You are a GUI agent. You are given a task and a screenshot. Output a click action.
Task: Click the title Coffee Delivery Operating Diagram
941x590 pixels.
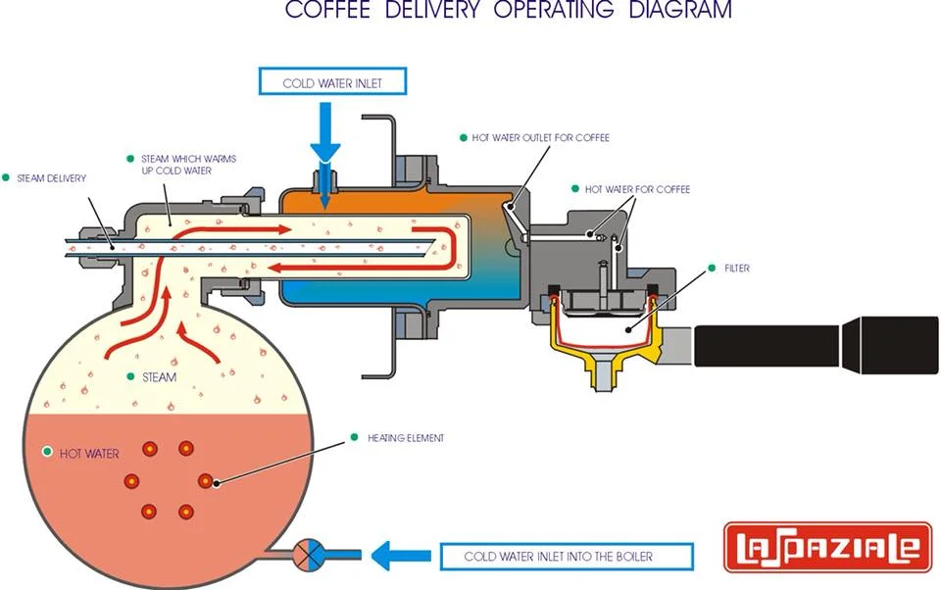[x=508, y=11]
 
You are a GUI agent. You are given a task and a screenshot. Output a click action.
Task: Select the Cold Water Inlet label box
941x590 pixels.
[x=331, y=83]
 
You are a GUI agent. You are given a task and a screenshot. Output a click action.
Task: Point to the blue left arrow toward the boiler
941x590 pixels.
[x=401, y=557]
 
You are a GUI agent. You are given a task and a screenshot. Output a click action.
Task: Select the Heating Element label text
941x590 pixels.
[x=406, y=438]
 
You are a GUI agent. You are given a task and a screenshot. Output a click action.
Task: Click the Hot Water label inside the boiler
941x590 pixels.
[x=89, y=454]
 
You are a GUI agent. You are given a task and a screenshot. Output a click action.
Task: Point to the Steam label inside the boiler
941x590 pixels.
[x=159, y=377]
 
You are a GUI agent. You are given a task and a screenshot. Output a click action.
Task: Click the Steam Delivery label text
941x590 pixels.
[x=52, y=178]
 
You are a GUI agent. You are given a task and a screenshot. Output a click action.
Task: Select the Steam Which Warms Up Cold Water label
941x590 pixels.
[x=183, y=165]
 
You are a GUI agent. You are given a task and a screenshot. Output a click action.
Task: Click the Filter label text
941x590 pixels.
[x=737, y=268]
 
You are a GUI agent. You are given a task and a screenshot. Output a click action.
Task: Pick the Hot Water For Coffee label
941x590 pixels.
[x=637, y=189]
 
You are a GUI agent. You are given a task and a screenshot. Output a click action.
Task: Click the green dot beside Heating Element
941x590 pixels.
[x=354, y=437]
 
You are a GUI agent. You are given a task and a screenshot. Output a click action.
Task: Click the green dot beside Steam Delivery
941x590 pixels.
[x=6, y=177]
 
